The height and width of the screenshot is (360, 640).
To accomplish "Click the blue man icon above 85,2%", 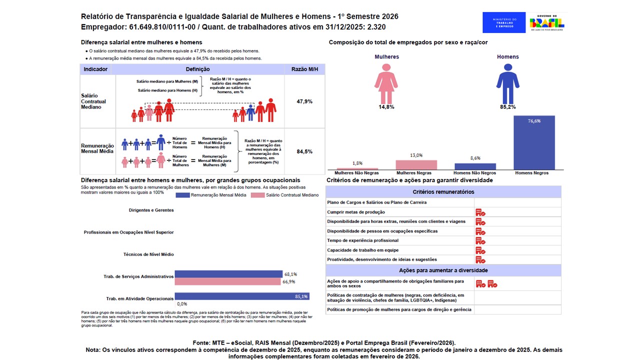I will pyautogui.click(x=507, y=83).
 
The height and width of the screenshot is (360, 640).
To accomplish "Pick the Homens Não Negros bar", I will pyautogui.click(x=475, y=166).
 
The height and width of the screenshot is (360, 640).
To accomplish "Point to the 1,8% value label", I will pyautogui.click(x=357, y=163).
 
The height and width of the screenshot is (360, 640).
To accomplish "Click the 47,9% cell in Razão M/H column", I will pyautogui.click(x=304, y=101).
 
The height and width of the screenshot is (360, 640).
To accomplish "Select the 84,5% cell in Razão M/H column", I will pyautogui.click(x=304, y=151).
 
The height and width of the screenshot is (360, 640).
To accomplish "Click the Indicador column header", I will pyautogui.click(x=95, y=69).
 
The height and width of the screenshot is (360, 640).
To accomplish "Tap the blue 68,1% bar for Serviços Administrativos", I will pyautogui.click(x=228, y=274).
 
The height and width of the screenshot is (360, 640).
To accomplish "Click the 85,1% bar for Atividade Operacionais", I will pyautogui.click(x=242, y=296).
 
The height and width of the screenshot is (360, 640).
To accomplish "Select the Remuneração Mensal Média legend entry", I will pyautogui.click(x=211, y=195).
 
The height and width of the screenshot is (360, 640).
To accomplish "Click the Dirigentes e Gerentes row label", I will pyautogui.click(x=151, y=210).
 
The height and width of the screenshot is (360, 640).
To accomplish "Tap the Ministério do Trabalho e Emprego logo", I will pyautogui.click(x=504, y=22).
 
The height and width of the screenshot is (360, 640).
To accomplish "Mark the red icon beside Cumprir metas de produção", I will pyautogui.click(x=480, y=212).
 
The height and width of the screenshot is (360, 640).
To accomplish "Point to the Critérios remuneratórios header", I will pyautogui.click(x=443, y=191).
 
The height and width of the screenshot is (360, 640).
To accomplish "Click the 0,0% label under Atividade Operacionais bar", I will pyautogui.click(x=182, y=303).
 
